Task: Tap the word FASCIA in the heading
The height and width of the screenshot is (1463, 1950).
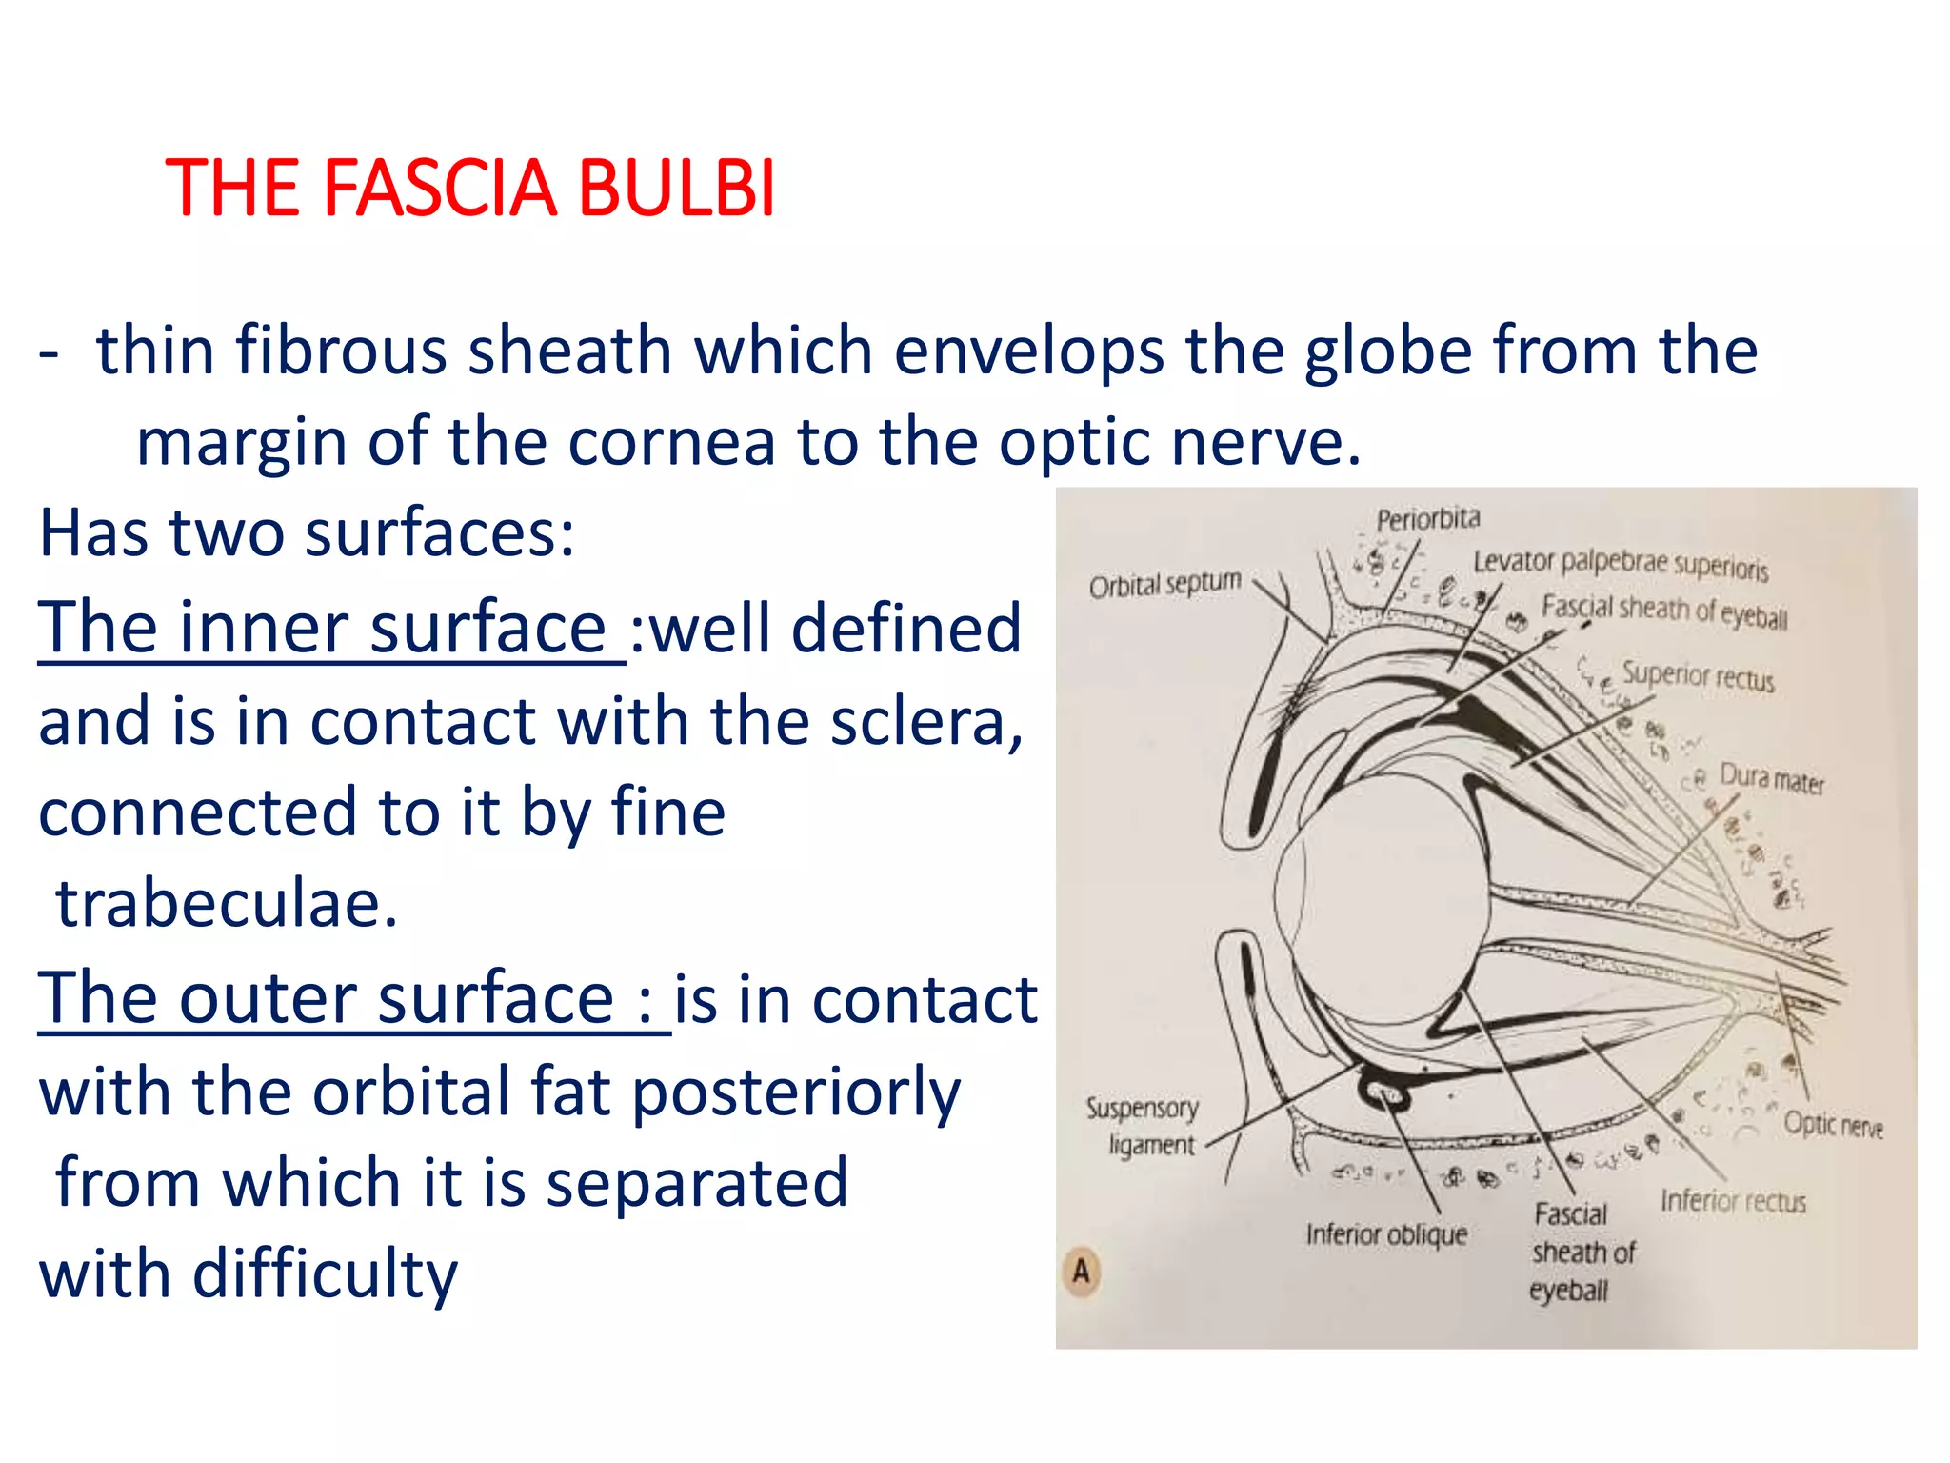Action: [439, 188]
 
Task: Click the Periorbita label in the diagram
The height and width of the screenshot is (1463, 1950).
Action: [1428, 519]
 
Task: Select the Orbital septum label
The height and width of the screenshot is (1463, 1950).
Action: [1164, 584]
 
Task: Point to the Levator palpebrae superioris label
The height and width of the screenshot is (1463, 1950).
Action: [1621, 564]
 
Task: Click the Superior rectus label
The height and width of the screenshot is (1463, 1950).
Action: [1698, 676]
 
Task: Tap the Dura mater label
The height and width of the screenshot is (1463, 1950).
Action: [1771, 779]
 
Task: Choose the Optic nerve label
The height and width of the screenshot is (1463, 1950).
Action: [1833, 1125]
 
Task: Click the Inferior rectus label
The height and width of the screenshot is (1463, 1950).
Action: [1733, 1201]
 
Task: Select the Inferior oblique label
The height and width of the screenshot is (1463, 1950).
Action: [1386, 1234]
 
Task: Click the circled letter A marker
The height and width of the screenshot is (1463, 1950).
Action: [1081, 1272]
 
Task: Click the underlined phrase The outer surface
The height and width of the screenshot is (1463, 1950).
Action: [347, 999]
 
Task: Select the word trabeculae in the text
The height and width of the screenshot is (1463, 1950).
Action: [227, 903]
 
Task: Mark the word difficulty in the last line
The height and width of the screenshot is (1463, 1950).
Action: [325, 1274]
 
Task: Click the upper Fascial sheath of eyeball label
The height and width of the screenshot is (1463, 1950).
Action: [1663, 611]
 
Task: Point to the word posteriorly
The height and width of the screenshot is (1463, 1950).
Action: [796, 1092]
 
